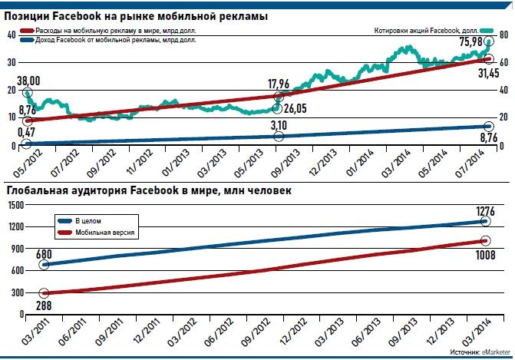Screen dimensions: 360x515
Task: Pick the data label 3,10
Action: tap(281, 125)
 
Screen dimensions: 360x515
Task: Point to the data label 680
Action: tap(45, 253)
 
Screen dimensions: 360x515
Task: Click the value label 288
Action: tap(45, 305)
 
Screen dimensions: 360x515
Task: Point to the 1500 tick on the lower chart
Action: tap(15, 205)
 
